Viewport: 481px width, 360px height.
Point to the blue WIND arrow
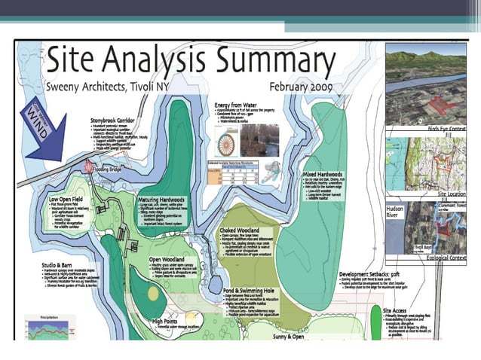pyautogui.click(x=44, y=124)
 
